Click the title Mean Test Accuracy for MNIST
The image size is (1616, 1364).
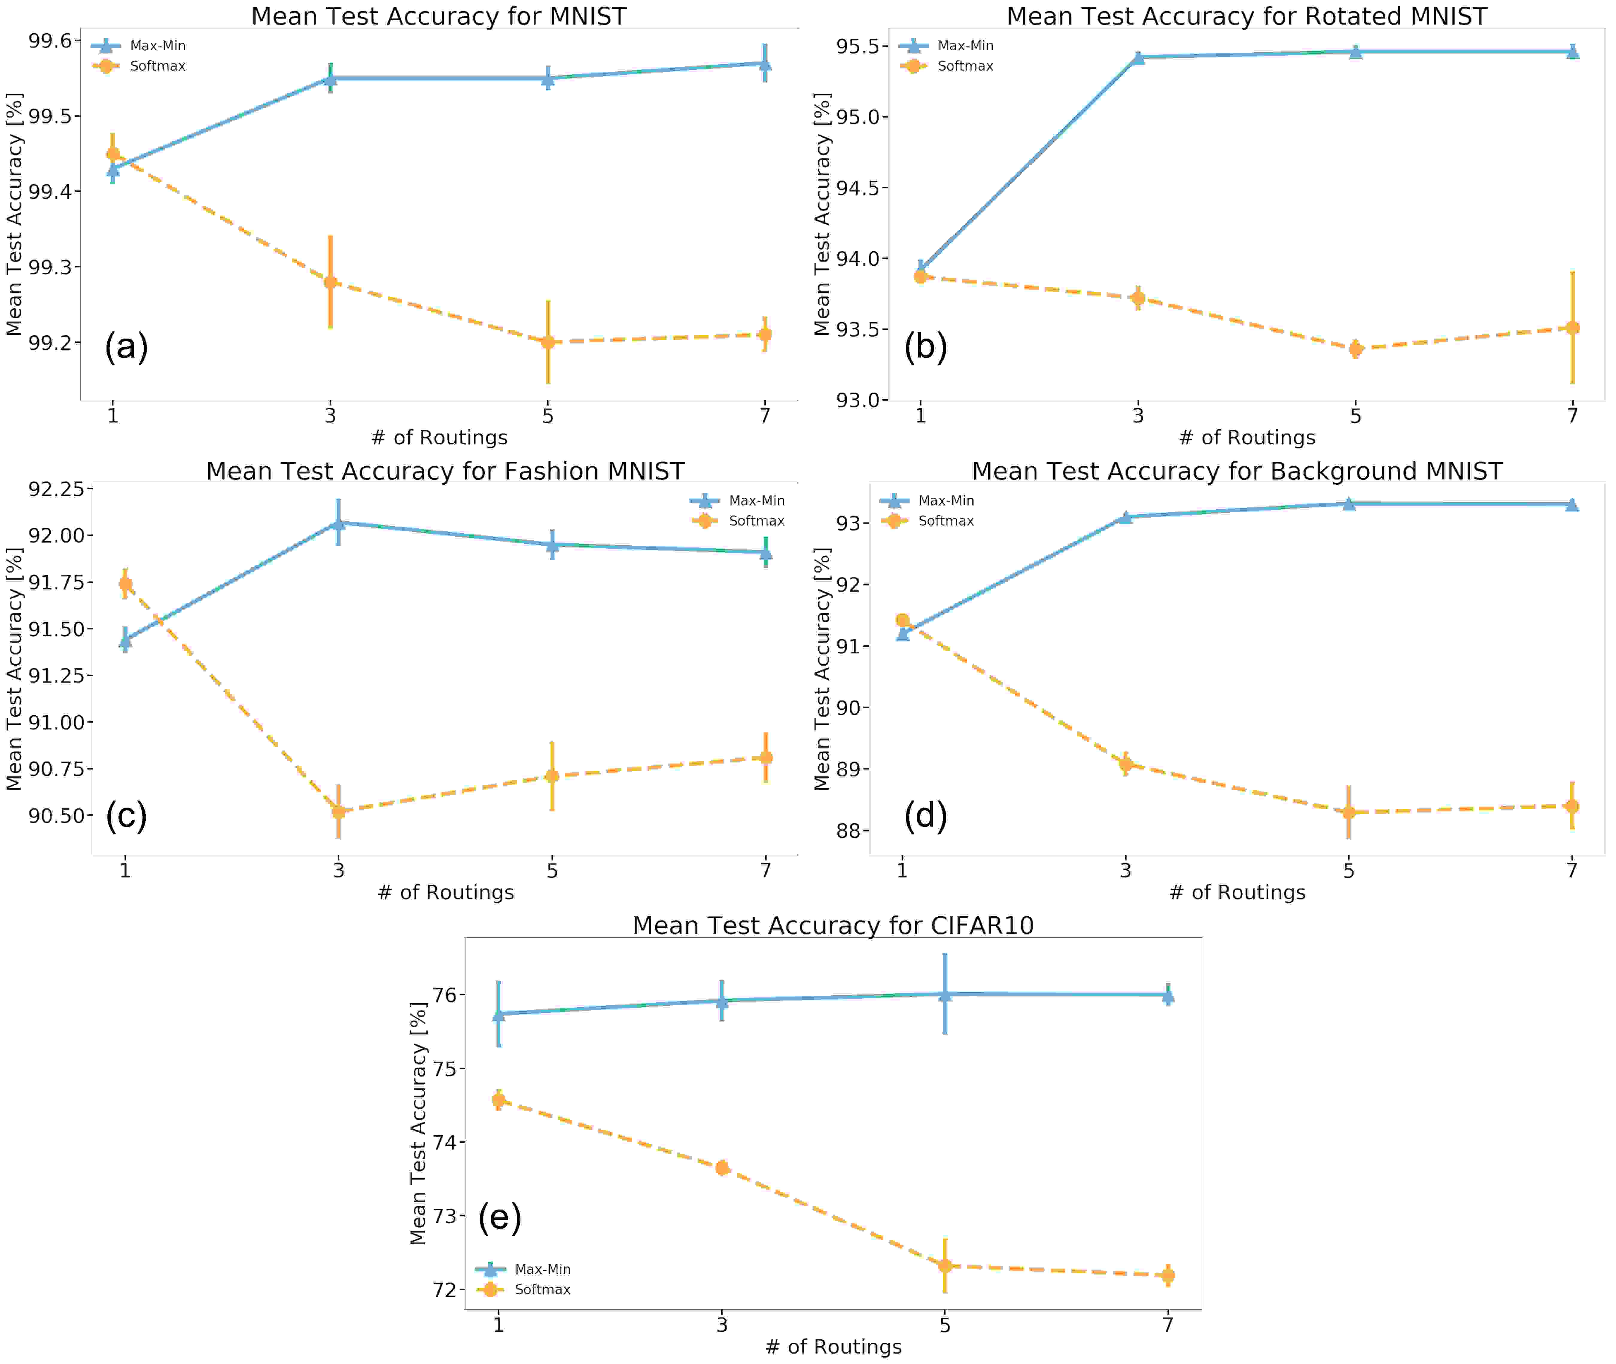coord(438,16)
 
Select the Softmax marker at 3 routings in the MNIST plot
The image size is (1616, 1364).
coord(330,282)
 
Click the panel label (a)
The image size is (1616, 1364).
coord(126,346)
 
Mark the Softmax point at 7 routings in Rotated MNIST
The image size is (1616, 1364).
coord(1572,328)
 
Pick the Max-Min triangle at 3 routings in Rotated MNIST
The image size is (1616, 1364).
coord(1137,57)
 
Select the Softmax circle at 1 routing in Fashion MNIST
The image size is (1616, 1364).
coord(125,584)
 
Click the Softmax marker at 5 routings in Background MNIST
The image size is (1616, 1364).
coord(1349,812)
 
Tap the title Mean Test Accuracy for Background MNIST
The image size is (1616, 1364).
coord(1237,471)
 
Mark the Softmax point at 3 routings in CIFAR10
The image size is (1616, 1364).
coord(721,1168)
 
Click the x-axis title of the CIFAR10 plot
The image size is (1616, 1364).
coord(833,1347)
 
